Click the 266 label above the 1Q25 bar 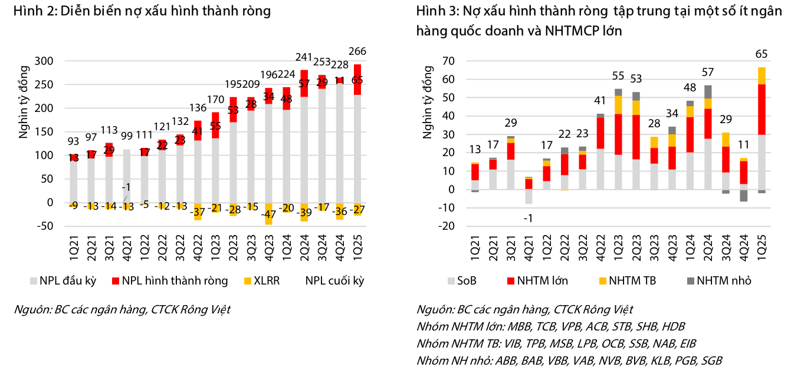(x=357, y=51)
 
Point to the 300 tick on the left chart (x=44, y=61)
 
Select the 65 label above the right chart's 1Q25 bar (x=761, y=55)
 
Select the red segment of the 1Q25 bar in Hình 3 (x=761, y=109)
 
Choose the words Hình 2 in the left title (x=29, y=11)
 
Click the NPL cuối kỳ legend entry (x=334, y=280)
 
